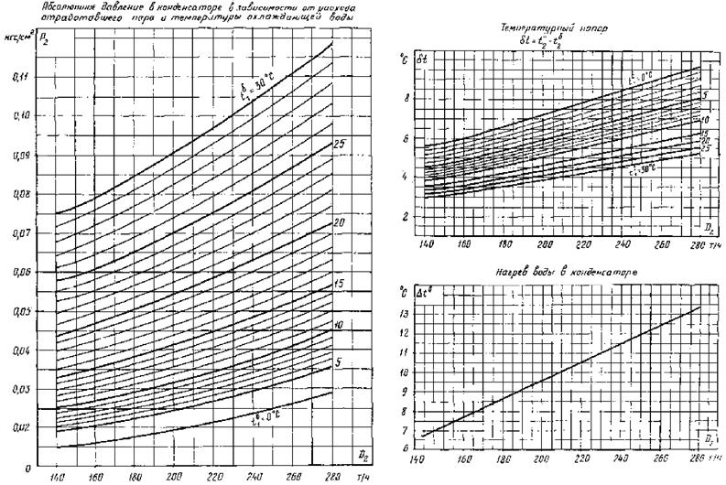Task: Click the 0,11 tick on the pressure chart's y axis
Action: coord(19,75)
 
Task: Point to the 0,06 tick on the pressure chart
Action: coord(19,272)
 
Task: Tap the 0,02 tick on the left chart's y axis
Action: coord(19,427)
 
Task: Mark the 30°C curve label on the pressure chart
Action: coord(248,95)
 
